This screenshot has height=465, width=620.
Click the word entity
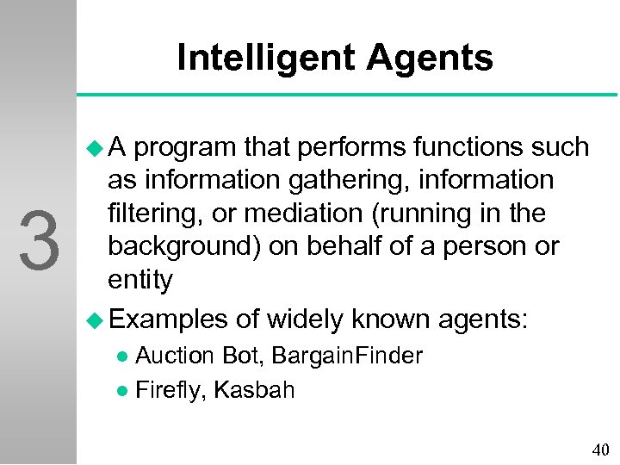139,280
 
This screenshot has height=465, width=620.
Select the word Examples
168,319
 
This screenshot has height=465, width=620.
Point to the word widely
305,319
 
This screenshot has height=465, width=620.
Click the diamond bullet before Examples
95,319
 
